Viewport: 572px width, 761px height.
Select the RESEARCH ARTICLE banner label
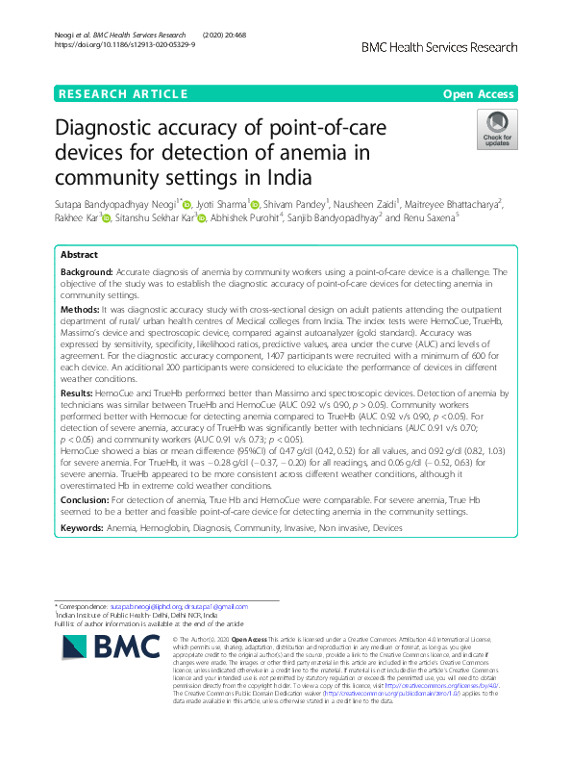click(122, 93)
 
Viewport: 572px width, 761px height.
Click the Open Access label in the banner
click(479, 93)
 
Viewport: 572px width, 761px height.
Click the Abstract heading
click(79, 255)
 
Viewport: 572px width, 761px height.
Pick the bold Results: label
click(77, 393)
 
